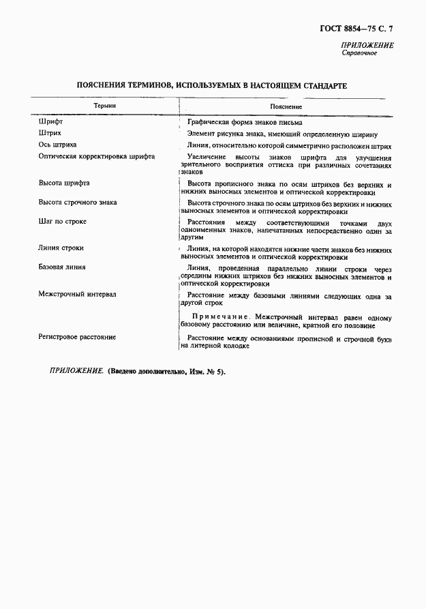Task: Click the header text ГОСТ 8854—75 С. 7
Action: click(x=355, y=29)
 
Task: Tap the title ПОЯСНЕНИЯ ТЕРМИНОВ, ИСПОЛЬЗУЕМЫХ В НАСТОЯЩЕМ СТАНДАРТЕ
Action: click(x=212, y=87)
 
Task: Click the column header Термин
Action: click(x=104, y=106)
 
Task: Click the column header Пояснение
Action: click(x=286, y=107)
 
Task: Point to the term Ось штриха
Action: click(x=57, y=145)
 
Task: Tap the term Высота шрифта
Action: click(x=64, y=183)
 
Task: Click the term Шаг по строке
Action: click(x=62, y=222)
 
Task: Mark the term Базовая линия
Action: click(x=61, y=267)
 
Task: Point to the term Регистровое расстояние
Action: click(x=77, y=337)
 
